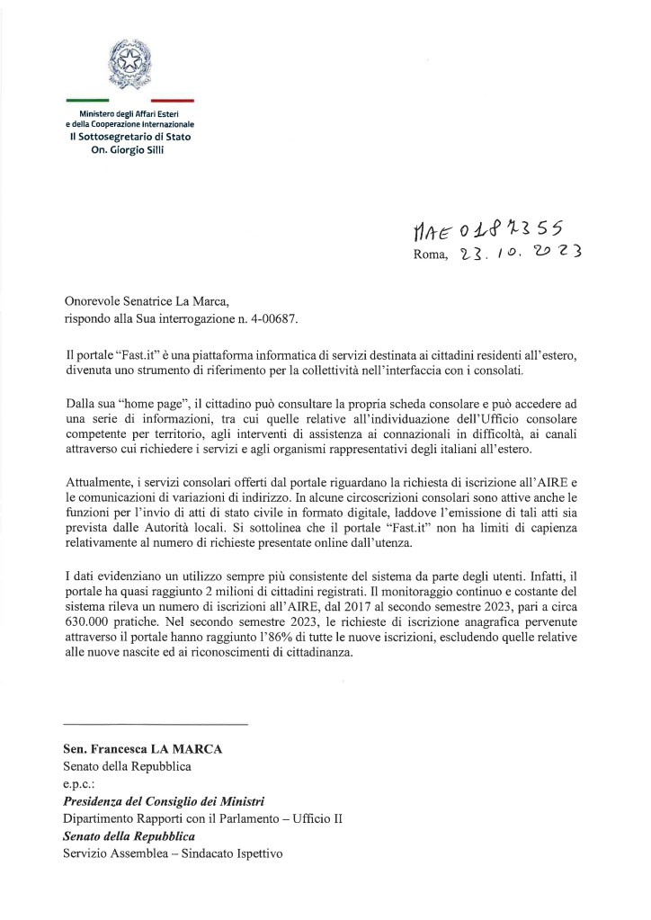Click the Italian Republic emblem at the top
tap(130, 64)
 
